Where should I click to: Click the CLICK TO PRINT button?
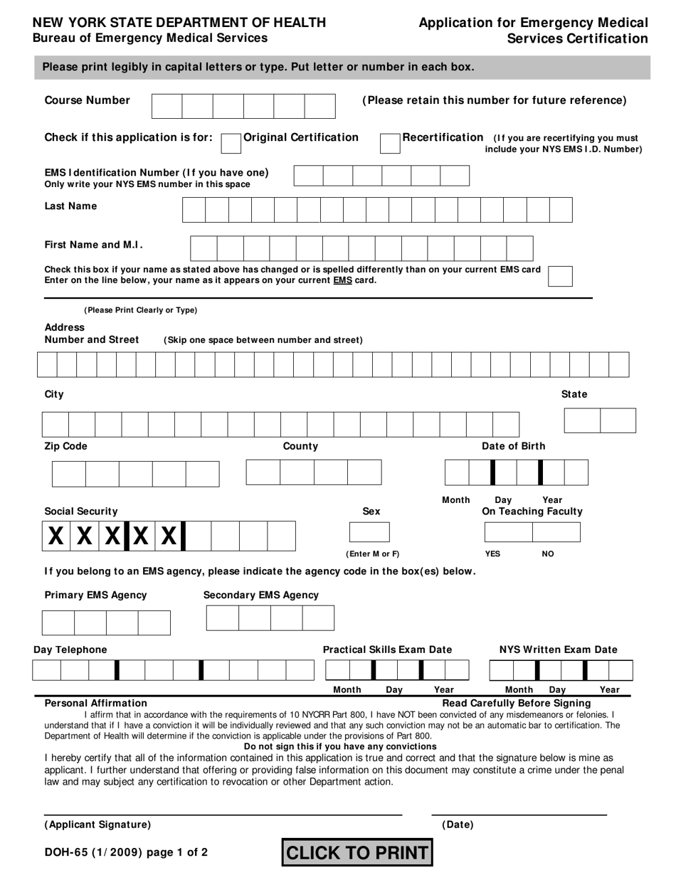click(x=357, y=852)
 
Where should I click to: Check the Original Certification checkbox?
click(x=231, y=143)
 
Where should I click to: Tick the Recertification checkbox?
click(x=390, y=143)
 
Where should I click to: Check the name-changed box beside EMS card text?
click(x=561, y=276)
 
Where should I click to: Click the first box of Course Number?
click(x=167, y=106)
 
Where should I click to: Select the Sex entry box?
click(x=369, y=532)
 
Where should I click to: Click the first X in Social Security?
click(x=56, y=536)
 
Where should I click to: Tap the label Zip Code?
click(x=66, y=446)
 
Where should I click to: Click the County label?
click(x=300, y=446)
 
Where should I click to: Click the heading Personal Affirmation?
click(x=96, y=703)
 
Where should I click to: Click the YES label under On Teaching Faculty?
click(x=492, y=553)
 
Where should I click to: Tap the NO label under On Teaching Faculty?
click(x=548, y=553)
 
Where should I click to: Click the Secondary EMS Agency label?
click(x=261, y=595)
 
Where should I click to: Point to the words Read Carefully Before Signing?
click(x=517, y=703)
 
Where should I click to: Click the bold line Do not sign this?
click(x=340, y=746)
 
